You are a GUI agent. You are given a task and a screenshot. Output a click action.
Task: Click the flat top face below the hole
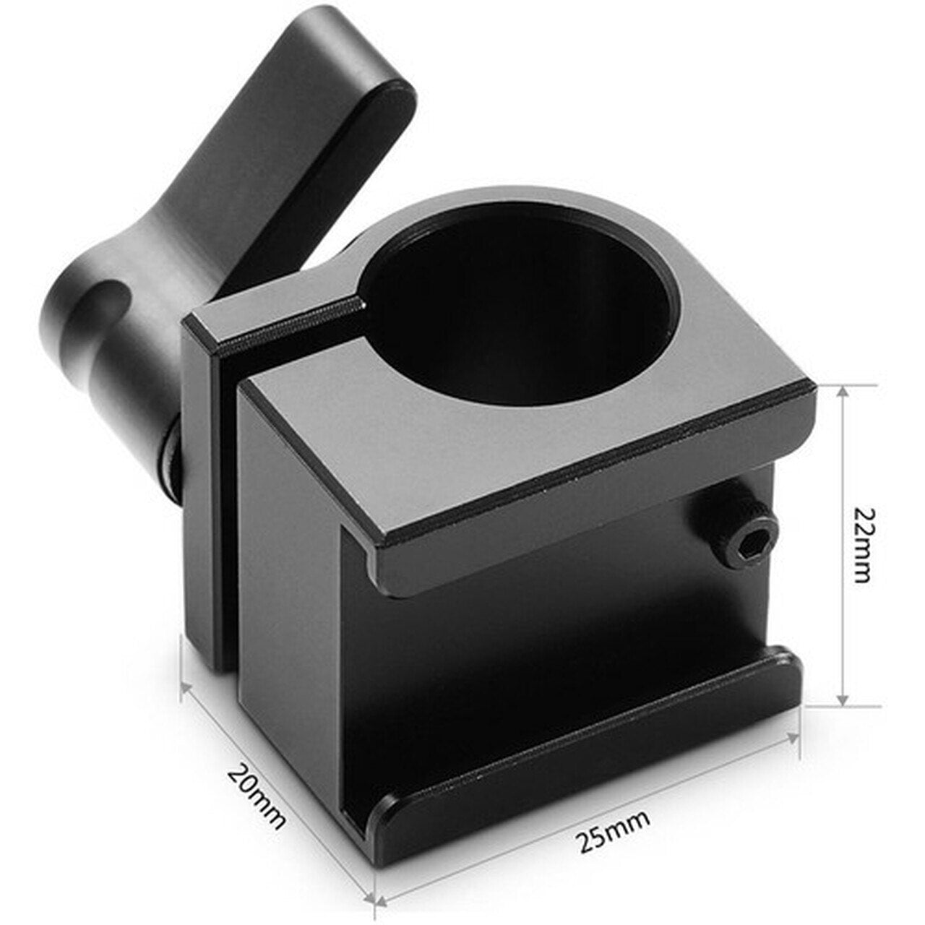point(506,448)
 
